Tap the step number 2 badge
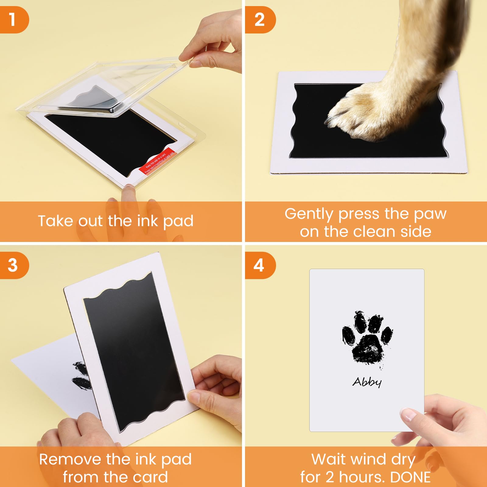[x=259, y=20]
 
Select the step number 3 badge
[x=13, y=265]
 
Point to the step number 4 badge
[x=259, y=265]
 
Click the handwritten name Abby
[x=367, y=382]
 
